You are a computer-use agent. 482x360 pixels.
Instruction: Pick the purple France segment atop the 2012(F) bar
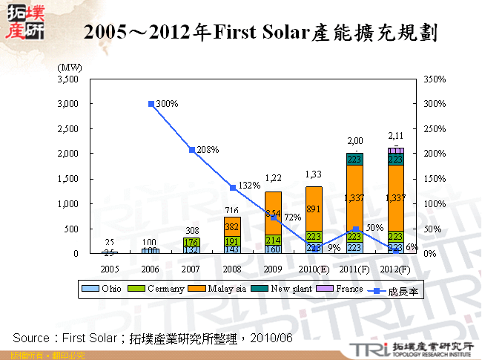coord(396,151)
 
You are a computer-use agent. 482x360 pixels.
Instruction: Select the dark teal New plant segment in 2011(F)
coord(355,159)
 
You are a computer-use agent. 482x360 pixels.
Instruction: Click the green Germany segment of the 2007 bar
coord(192,241)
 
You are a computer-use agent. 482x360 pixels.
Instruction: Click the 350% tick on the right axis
coord(435,79)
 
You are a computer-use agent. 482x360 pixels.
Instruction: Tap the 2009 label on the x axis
coord(274,267)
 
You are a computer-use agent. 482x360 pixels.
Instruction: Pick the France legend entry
coord(346,289)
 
